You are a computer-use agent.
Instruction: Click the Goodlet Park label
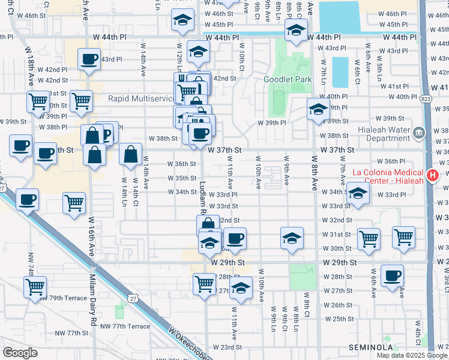[x=288, y=79]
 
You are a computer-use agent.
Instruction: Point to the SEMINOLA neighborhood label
[x=372, y=347]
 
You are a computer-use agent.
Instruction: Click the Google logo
[x=20, y=353]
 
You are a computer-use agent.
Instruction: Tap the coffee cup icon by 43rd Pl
[x=89, y=59]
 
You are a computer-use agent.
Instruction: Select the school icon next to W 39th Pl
[x=318, y=109]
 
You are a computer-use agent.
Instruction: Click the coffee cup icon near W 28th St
[x=393, y=276]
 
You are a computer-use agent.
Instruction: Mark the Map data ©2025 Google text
[x=412, y=355]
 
